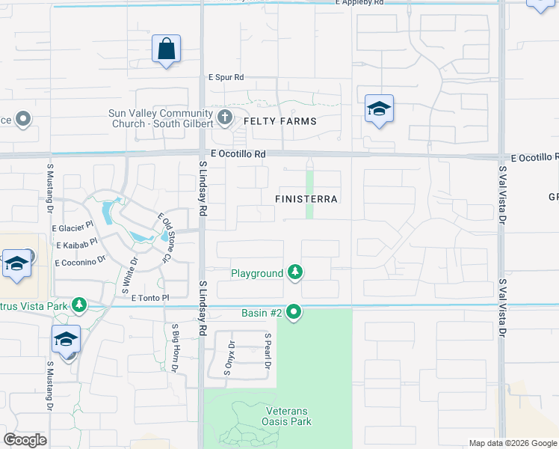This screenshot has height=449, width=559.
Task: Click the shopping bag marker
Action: coord(166,50)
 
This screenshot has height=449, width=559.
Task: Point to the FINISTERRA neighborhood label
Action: coord(306,200)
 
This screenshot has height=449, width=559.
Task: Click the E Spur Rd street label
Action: coord(226,77)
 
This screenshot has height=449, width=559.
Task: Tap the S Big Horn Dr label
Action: coord(175,348)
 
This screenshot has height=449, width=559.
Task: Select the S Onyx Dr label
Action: coord(232,353)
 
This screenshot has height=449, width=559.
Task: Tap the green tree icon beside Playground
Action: coord(296,272)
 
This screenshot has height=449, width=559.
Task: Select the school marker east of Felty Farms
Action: coord(379,110)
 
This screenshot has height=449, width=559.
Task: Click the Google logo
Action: coord(25,440)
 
